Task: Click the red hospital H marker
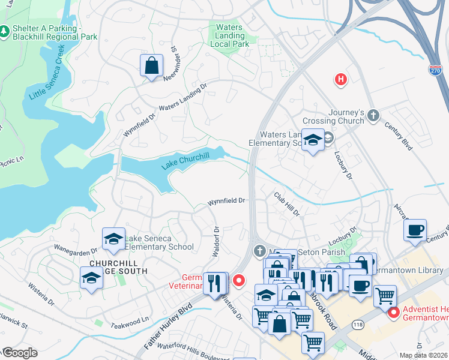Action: click(341, 79)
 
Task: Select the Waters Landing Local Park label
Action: click(229, 35)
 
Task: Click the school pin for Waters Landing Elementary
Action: click(312, 142)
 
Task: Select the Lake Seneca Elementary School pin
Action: click(113, 240)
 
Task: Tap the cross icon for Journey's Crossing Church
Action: click(373, 115)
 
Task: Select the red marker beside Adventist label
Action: click(394, 313)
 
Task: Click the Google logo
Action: click(19, 353)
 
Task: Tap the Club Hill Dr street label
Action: click(286, 205)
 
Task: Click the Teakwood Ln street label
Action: click(130, 323)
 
